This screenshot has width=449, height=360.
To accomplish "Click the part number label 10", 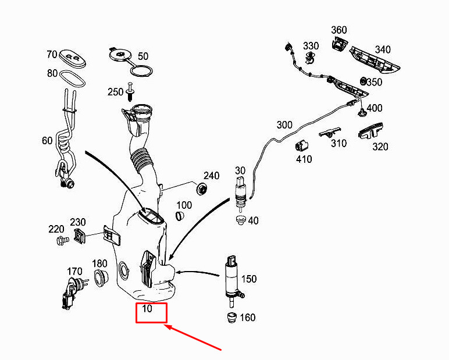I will [147, 309].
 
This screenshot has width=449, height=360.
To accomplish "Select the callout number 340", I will [382, 49].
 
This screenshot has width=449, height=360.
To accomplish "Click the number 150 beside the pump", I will [248, 279].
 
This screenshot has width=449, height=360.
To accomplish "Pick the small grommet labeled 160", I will [231, 318].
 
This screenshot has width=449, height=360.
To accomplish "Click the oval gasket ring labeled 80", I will [72, 77].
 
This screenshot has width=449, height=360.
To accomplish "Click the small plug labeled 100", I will [179, 216].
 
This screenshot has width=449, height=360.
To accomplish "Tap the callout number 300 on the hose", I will [284, 125].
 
